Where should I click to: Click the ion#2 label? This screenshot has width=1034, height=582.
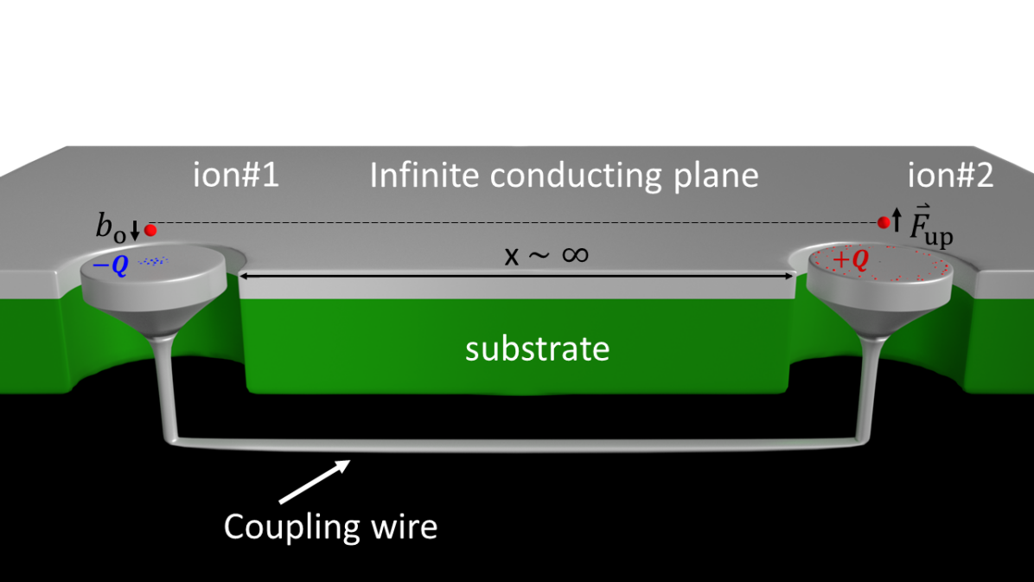pos(950,176)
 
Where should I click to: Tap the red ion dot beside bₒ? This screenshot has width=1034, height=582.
pos(150,230)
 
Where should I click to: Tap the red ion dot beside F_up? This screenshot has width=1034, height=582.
pos(884,223)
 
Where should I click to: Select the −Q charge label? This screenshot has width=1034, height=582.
pos(110,265)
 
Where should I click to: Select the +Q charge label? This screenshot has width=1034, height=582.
pos(851,260)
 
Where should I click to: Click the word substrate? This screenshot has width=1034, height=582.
pos(537,349)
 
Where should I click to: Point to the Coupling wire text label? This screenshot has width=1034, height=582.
pos(330,526)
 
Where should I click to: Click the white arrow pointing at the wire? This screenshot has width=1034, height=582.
pos(313,481)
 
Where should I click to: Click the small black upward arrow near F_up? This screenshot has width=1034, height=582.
pos(897,220)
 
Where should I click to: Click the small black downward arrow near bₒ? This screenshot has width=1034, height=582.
pos(135,231)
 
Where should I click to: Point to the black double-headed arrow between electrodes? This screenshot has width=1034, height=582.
pos(516,276)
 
